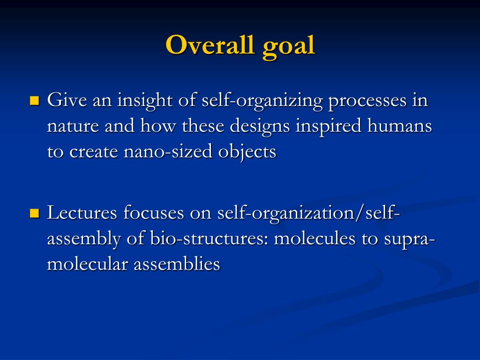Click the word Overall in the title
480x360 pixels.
(210, 45)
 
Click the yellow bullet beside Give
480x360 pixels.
(35, 100)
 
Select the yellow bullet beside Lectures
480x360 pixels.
(35, 213)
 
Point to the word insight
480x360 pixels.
(144, 101)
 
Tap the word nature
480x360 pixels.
(73, 127)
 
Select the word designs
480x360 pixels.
(260, 127)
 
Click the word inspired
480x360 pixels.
(329, 127)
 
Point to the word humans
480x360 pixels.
(399, 126)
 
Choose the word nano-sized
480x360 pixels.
(168, 151)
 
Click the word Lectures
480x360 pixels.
(82, 213)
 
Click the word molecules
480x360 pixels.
(315, 239)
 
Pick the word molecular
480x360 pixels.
(87, 264)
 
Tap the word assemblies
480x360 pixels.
(177, 264)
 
